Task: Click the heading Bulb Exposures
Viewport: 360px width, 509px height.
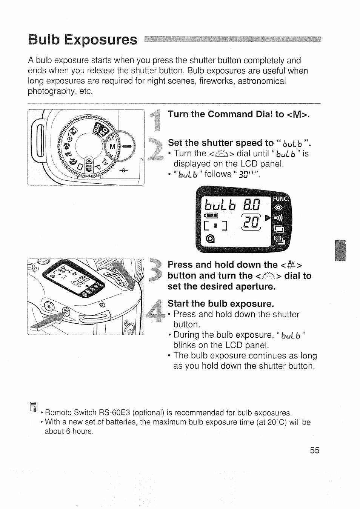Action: pyautogui.click(x=83, y=40)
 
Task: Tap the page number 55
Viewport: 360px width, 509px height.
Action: pyautogui.click(x=315, y=450)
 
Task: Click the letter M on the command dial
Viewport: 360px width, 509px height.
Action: pyautogui.click(x=112, y=146)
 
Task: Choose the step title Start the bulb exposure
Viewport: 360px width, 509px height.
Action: pyautogui.click(x=220, y=304)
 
